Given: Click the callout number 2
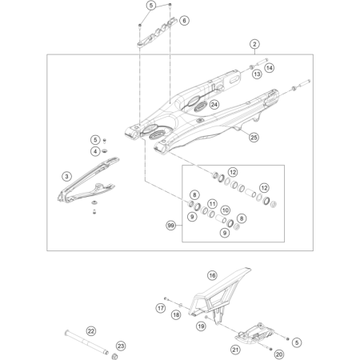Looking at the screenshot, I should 255,44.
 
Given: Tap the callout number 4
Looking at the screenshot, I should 94,151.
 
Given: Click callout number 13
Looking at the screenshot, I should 257,74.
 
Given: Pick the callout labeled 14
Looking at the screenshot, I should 270,69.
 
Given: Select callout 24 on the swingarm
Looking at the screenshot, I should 214,105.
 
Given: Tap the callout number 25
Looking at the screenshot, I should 254,137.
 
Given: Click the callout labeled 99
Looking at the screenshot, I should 170,226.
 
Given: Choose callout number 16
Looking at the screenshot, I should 213,275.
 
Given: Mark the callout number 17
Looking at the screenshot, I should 160,307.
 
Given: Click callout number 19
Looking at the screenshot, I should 202,326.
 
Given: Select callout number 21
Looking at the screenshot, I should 236,350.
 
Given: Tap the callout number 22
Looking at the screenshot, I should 90,330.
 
